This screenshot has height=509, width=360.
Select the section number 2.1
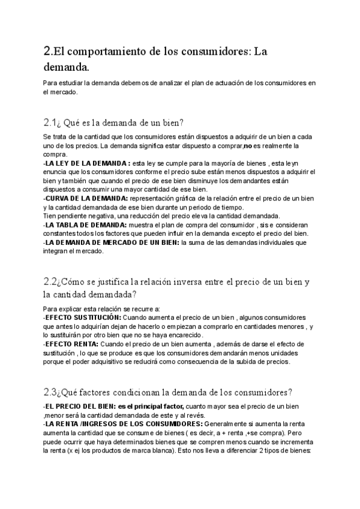click(50, 123)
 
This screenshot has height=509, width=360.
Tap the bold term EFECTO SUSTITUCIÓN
click(83, 317)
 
